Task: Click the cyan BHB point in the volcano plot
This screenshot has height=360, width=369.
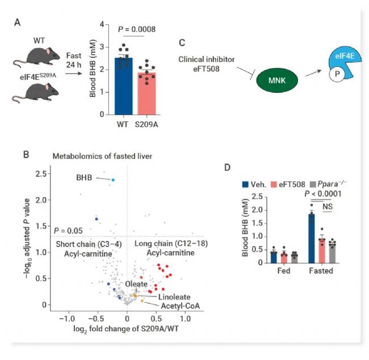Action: point(113,180)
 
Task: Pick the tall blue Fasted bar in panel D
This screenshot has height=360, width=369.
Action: point(311,238)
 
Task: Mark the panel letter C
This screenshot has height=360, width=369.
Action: point(181,42)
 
